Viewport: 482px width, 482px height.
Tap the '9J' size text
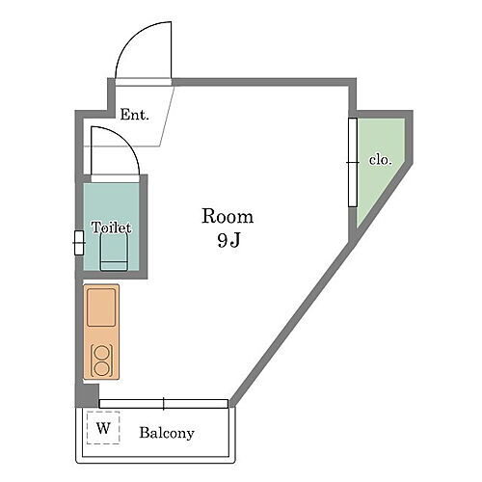pos(228,241)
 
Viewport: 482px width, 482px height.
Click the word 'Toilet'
pos(111,228)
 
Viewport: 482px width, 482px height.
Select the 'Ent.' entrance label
pos(134,115)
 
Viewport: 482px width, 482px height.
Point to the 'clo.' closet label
pos(380,160)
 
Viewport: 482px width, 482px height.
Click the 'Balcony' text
pos(167,433)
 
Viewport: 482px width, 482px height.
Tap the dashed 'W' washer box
pos(102,427)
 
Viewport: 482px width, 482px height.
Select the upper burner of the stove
pos(101,351)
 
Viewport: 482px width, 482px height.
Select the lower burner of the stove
pos(101,367)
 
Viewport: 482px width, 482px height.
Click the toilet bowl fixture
pos(114,254)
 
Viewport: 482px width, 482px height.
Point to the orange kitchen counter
pos(101,333)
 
